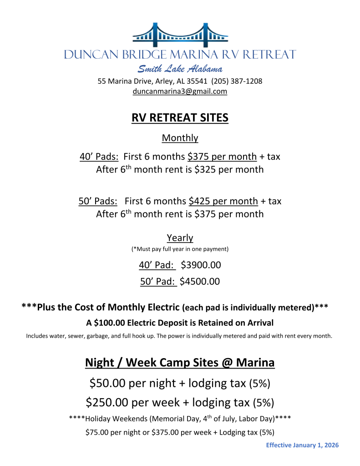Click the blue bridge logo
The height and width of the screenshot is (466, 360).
coord(180,35)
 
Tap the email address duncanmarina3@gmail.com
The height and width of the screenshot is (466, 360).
coord(180,91)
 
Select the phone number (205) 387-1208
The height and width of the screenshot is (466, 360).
coord(237,81)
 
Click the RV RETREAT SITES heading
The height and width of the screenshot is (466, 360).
coord(180,118)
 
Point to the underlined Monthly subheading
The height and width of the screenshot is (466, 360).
coord(180,138)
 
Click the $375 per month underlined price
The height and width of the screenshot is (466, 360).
coord(222,157)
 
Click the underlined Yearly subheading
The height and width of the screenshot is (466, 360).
coord(180,238)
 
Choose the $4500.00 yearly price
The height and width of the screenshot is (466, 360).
coord(200,282)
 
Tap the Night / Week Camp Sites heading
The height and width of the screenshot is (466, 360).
coord(180,363)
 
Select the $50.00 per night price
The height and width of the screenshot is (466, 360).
coord(108,383)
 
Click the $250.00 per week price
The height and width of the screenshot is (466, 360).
coord(106,402)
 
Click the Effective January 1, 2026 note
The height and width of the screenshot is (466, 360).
coord(302,445)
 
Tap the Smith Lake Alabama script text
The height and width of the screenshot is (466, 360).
coord(180,69)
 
